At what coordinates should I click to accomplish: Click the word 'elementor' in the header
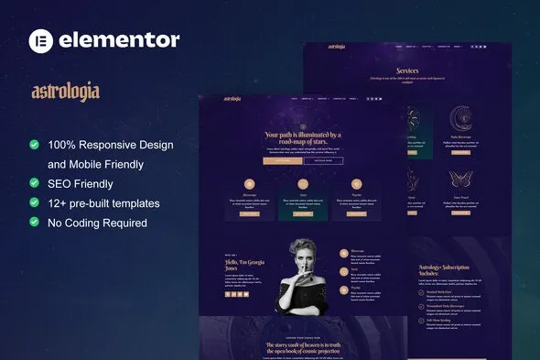click(118, 40)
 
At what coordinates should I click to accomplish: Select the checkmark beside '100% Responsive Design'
click(35, 145)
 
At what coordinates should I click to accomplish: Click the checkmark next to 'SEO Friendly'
click(35, 184)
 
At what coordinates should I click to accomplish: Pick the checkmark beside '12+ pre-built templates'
click(35, 203)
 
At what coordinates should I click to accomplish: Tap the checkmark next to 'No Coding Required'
click(35, 223)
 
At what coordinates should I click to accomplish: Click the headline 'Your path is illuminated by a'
click(303, 135)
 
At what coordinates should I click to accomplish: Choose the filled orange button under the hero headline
click(282, 160)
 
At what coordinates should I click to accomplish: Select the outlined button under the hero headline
click(323, 160)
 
